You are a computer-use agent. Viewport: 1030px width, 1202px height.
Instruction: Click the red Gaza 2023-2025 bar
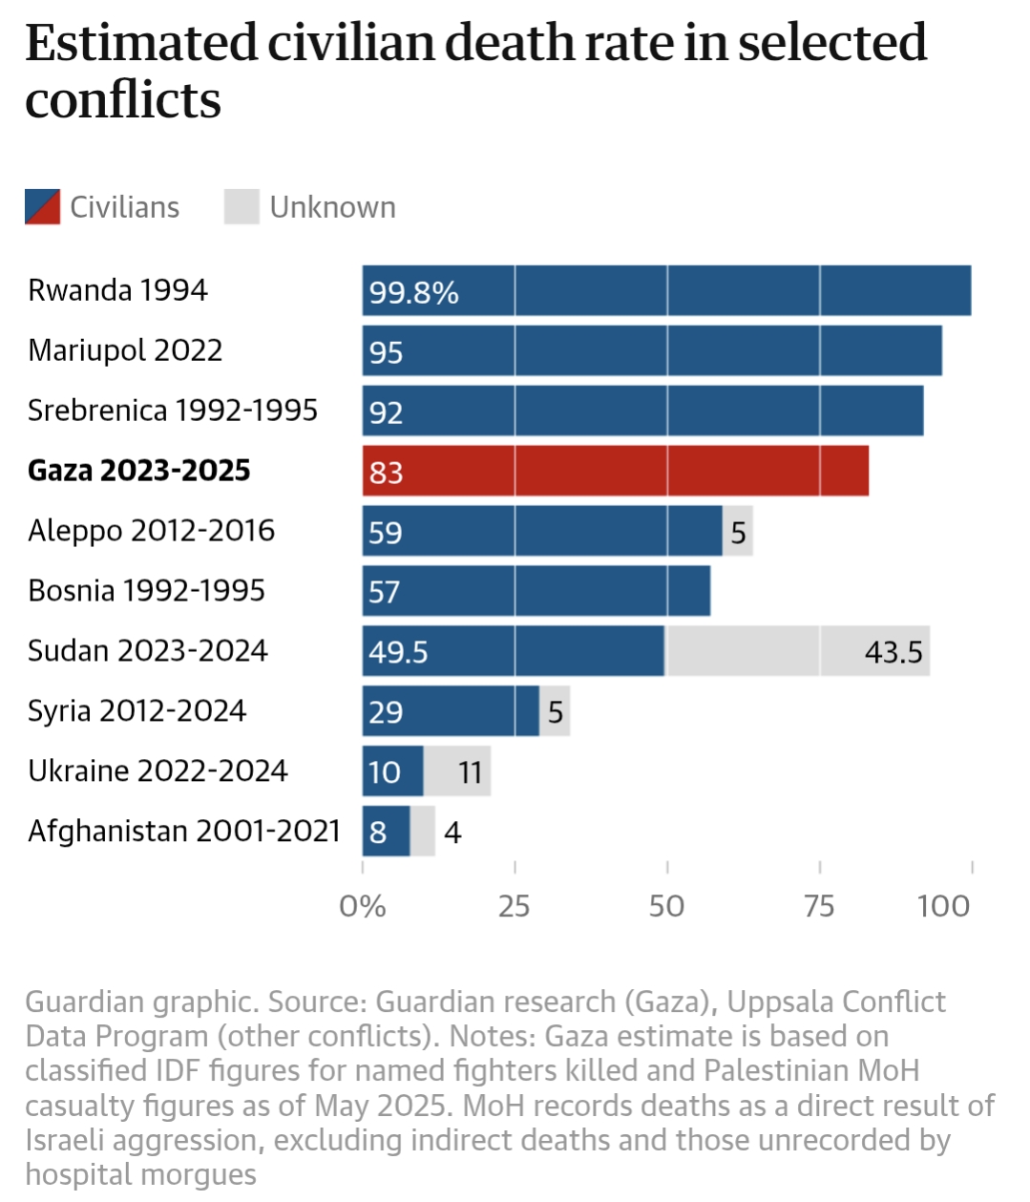(x=616, y=471)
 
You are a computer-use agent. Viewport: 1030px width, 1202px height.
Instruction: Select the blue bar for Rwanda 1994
(x=666, y=290)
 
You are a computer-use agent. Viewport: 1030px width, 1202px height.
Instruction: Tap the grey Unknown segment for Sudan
(x=797, y=651)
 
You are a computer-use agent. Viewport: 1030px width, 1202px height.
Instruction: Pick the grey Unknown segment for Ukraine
(x=457, y=771)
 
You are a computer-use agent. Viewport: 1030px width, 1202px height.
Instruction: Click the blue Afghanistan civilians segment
(x=386, y=832)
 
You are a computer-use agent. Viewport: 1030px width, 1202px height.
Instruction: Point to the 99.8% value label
(x=414, y=292)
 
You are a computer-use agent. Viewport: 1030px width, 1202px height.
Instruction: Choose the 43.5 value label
(x=893, y=652)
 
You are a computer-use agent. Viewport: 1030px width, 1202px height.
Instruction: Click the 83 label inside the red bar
(x=387, y=473)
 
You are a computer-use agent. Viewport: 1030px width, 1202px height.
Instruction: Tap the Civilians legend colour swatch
(x=43, y=207)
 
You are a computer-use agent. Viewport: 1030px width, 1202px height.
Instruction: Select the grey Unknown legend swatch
(x=242, y=207)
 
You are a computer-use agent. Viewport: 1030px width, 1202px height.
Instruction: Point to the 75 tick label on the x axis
(x=819, y=906)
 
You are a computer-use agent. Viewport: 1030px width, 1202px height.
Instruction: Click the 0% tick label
(x=363, y=906)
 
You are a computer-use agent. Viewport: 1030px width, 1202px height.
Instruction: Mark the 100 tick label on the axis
(x=943, y=906)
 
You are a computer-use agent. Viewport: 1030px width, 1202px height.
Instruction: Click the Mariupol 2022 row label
(x=125, y=350)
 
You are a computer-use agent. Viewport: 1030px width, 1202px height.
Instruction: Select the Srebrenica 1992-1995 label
(x=173, y=411)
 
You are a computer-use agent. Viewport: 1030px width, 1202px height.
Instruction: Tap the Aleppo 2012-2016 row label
(x=152, y=531)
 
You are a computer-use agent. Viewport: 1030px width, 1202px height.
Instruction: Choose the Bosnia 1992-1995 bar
(x=536, y=591)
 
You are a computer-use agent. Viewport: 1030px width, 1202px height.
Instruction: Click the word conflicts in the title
(x=123, y=99)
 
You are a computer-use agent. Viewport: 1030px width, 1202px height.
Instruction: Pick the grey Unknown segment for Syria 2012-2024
(x=555, y=711)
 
